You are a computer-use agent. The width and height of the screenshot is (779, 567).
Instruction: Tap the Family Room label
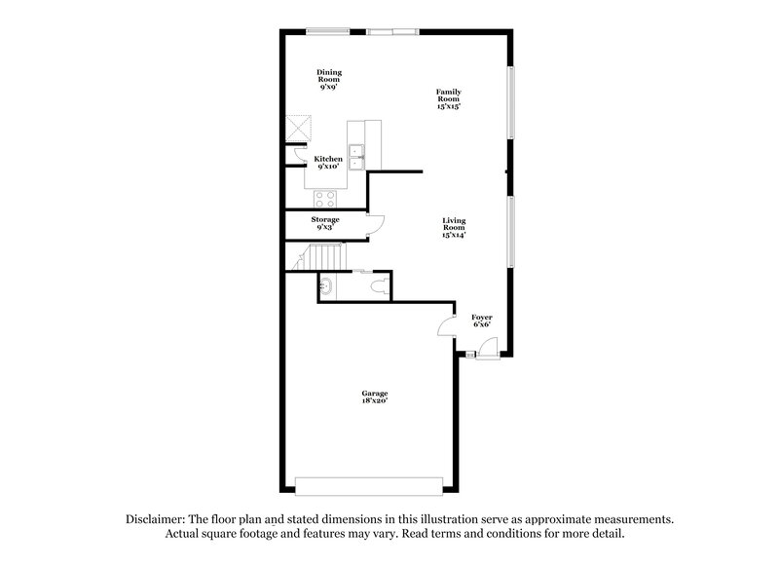coord(448,97)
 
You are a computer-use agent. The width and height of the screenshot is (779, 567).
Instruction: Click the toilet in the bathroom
coord(381,286)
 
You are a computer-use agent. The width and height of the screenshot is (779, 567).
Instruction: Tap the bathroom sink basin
coord(325,286)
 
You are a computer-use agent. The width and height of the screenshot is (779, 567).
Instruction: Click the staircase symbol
coord(316,256)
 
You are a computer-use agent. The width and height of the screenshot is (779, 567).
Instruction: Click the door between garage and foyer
coord(448,327)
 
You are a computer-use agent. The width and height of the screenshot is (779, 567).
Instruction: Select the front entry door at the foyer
coord(489,346)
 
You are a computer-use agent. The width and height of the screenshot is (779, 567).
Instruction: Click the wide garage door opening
coord(370,485)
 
